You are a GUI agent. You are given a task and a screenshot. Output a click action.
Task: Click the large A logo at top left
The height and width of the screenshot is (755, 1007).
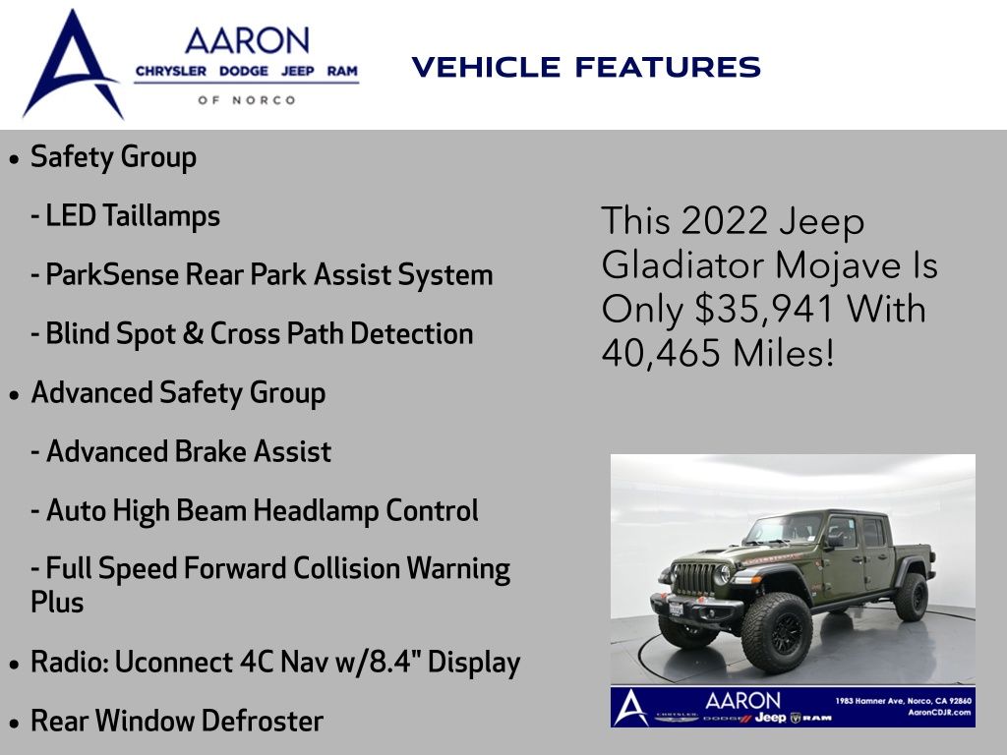pyautogui.click(x=72, y=64)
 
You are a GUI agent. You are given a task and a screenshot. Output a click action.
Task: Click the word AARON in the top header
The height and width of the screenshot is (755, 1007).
pyautogui.click(x=247, y=41)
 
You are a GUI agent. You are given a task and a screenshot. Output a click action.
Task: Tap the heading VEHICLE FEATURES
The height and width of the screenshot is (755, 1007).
pyautogui.click(x=586, y=68)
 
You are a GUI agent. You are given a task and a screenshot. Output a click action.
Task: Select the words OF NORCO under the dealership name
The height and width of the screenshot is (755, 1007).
pyautogui.click(x=247, y=100)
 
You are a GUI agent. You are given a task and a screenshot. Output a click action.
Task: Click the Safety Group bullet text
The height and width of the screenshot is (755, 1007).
pyautogui.click(x=113, y=157)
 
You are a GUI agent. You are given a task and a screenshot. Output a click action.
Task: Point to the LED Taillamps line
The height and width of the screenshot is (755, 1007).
pyautogui.click(x=125, y=215)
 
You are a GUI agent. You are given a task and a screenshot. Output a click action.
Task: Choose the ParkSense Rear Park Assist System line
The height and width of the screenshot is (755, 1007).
pyautogui.click(x=262, y=275)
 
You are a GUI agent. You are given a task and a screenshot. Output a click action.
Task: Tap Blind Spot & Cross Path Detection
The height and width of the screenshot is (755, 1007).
pyautogui.click(x=252, y=334)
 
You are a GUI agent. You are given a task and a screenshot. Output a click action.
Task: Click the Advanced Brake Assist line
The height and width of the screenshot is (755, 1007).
pyautogui.click(x=181, y=451)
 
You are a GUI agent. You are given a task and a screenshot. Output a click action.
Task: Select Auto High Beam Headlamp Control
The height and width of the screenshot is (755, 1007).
pyautogui.click(x=255, y=511)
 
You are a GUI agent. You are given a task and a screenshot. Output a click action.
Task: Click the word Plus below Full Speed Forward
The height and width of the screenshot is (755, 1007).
pyautogui.click(x=57, y=603)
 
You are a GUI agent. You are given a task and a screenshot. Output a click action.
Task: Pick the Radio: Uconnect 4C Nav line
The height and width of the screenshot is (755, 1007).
pyautogui.click(x=275, y=663)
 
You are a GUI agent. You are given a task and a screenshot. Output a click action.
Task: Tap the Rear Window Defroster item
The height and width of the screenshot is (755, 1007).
pyautogui.click(x=177, y=721)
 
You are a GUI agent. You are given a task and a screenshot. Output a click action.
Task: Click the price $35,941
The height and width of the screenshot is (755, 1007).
pyautogui.click(x=764, y=309)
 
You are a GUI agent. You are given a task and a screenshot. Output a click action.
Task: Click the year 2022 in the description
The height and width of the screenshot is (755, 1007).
pyautogui.click(x=725, y=221)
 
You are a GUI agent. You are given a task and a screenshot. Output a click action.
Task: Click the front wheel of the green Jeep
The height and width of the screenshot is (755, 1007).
pyautogui.click(x=777, y=632)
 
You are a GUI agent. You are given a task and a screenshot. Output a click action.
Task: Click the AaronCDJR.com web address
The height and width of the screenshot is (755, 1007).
pyautogui.click(x=939, y=712)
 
